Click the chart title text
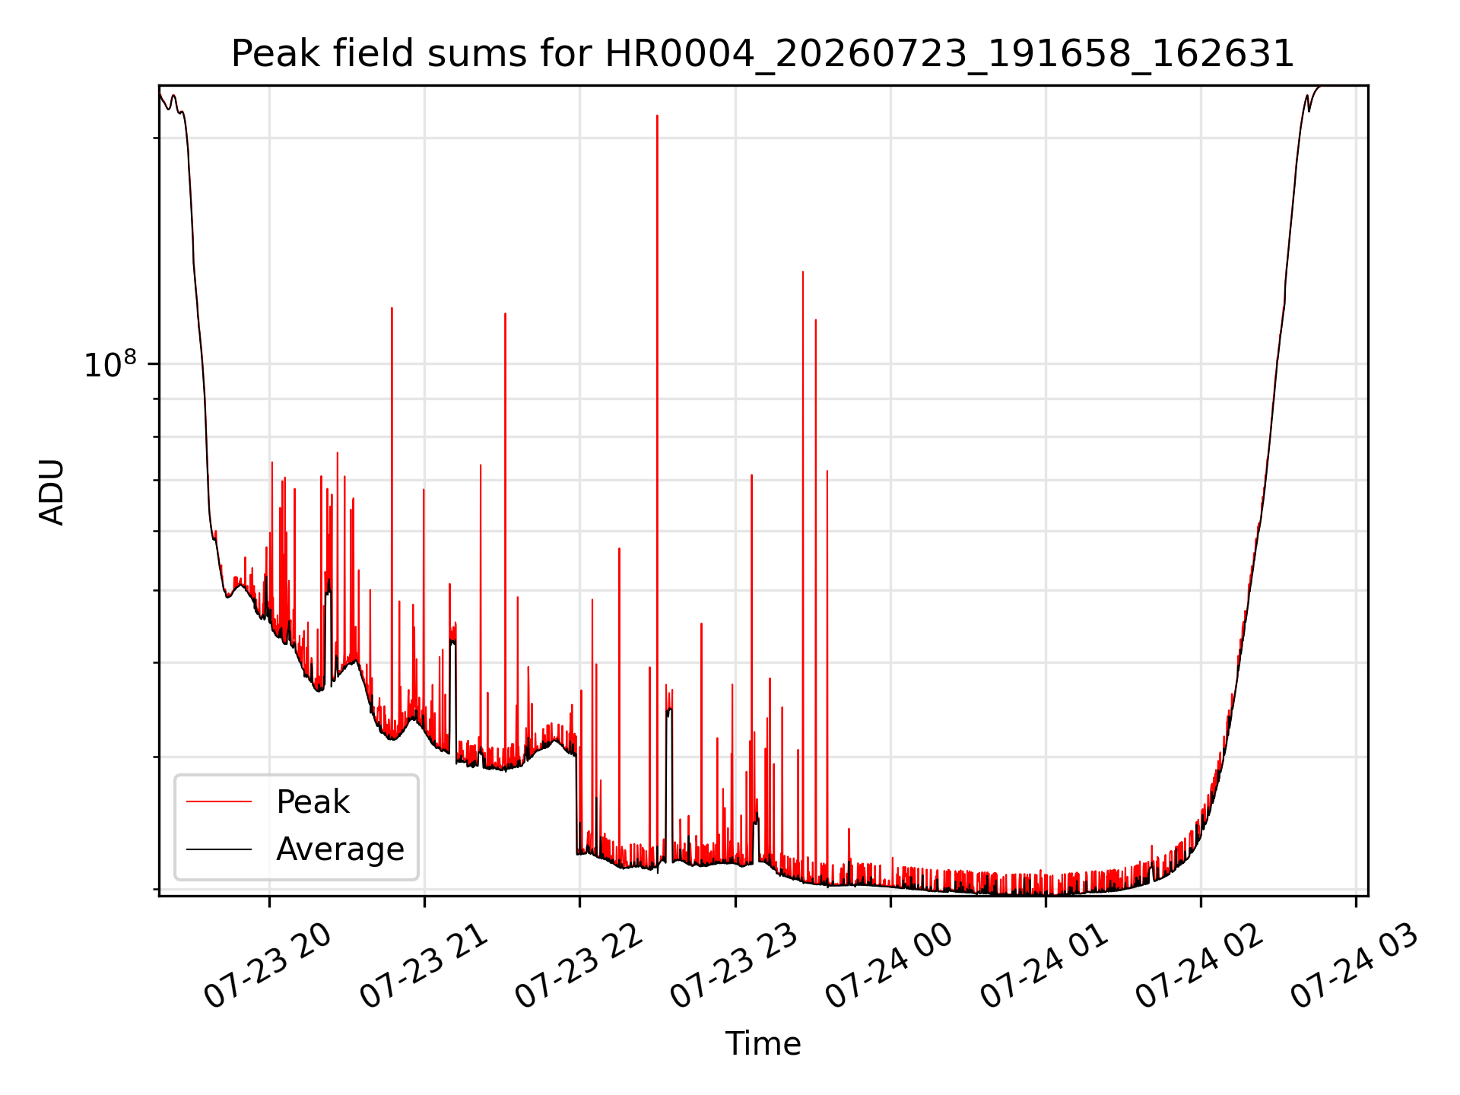pos(762,54)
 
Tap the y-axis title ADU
pos(52,491)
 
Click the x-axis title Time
pos(763,1044)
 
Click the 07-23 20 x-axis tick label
pos(268,966)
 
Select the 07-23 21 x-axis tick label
pos(424,966)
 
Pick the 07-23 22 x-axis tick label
pos(579,966)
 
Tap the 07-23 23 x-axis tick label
pos(735,966)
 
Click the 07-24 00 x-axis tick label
pos(890,966)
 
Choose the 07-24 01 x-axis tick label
pos(1045,966)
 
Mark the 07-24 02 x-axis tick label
pos(1200,966)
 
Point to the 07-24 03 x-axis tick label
pos(1355,966)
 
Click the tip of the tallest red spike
pos(657,116)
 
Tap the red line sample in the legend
pos(219,801)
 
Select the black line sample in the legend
pos(219,849)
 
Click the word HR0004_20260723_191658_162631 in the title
pos(949,54)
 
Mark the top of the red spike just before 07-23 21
pos(424,489)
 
